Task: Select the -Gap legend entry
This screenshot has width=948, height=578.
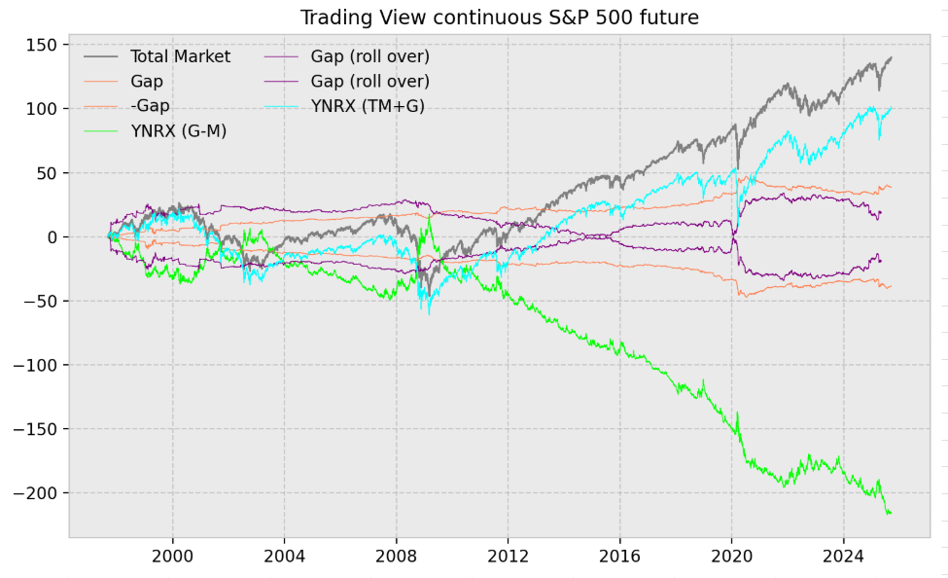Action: click(147, 106)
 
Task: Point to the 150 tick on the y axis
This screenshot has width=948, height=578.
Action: click(41, 46)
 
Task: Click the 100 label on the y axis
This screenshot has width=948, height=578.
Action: click(41, 109)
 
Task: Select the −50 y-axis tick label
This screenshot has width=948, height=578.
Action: click(38, 301)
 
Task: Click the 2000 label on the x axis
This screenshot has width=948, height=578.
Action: click(172, 557)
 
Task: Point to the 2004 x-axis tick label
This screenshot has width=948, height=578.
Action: click(284, 557)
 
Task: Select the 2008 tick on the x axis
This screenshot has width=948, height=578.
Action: click(396, 557)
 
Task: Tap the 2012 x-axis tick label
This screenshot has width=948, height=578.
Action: click(508, 557)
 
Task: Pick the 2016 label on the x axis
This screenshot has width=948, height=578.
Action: click(619, 557)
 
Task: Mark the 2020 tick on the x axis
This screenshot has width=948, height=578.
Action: click(731, 557)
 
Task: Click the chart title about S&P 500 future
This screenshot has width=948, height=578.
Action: click(499, 18)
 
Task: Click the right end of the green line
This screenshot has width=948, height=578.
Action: click(890, 513)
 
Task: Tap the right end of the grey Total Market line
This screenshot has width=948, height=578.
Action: click(891, 57)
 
